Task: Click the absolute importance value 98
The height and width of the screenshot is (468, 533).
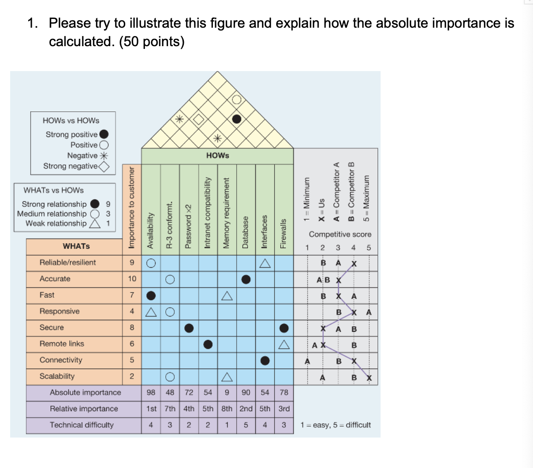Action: click(151, 392)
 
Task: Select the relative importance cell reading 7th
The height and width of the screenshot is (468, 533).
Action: click(170, 408)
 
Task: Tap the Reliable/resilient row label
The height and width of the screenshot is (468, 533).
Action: click(68, 263)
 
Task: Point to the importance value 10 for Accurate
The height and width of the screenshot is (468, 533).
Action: click(132, 279)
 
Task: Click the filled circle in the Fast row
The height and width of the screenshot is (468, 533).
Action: click(151, 295)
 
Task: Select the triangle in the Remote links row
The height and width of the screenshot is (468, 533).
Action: click(284, 344)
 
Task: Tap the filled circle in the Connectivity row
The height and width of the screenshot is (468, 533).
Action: click(265, 360)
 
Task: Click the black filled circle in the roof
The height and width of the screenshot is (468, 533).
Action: click(236, 119)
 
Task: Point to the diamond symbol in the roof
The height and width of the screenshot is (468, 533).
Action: click(198, 119)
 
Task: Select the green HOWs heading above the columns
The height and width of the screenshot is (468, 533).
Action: click(218, 156)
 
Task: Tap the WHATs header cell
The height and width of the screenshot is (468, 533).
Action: click(76, 246)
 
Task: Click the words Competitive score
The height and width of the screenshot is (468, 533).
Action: click(340, 234)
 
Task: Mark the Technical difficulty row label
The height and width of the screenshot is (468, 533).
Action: click(81, 425)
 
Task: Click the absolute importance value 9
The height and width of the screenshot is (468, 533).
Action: click(227, 392)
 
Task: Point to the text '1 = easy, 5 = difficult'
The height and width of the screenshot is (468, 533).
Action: click(335, 425)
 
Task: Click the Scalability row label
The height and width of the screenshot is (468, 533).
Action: click(57, 376)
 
